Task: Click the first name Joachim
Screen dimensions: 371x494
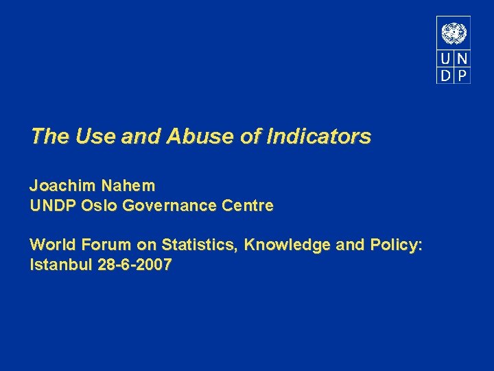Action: pyautogui.click(x=62, y=185)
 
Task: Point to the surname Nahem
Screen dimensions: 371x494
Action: pyautogui.click(x=128, y=185)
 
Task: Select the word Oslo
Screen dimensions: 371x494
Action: pyautogui.click(x=99, y=205)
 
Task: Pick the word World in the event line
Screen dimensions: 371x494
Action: pyautogui.click(x=53, y=245)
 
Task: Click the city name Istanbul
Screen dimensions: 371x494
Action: pyautogui.click(x=59, y=265)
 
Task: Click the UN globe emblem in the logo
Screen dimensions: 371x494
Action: pyautogui.click(x=454, y=33)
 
